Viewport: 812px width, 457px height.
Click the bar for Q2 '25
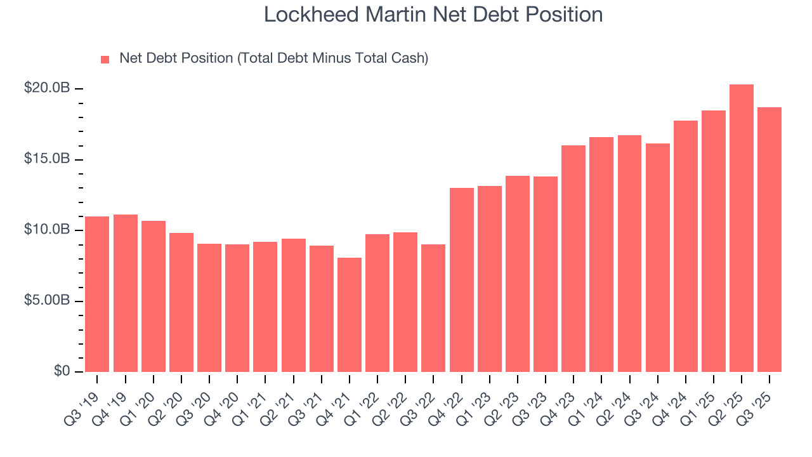tap(741, 228)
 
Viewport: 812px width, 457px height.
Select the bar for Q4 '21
tap(350, 315)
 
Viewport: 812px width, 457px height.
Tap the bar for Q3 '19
tap(97, 295)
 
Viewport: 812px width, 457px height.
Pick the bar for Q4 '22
tap(461, 280)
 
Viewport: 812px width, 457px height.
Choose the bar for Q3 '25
tap(769, 240)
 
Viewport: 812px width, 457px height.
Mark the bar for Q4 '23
tap(573, 259)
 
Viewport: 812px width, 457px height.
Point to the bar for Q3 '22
tap(433, 308)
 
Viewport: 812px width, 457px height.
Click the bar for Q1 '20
tap(153, 296)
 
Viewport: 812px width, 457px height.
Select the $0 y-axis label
tap(61, 371)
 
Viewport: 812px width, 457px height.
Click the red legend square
tap(105, 60)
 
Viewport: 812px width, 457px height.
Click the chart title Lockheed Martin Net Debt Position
tap(433, 15)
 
